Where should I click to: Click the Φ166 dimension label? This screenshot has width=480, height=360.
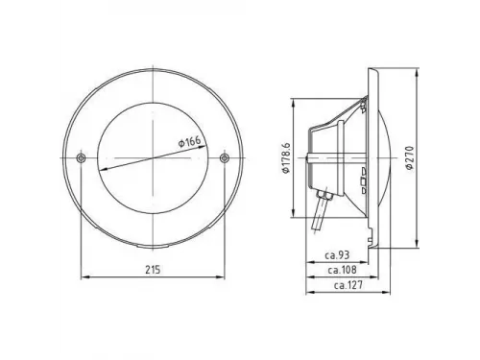point(189,141)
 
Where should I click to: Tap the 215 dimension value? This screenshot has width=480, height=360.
point(153,270)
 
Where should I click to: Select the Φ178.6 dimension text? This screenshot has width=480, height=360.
point(285,157)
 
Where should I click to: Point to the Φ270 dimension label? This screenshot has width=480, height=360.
point(409,157)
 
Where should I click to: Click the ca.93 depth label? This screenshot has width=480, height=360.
point(337,255)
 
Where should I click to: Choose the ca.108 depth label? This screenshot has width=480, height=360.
point(342,270)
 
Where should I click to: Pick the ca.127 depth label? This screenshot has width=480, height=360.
point(348,285)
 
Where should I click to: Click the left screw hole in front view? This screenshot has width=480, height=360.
point(81,157)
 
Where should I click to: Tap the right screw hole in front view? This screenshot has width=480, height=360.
point(225,157)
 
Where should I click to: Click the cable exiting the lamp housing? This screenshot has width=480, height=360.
point(320,215)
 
